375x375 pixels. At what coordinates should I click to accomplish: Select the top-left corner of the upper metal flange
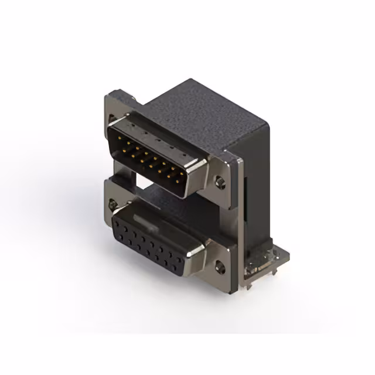pyautogui.click(x=109, y=94)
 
